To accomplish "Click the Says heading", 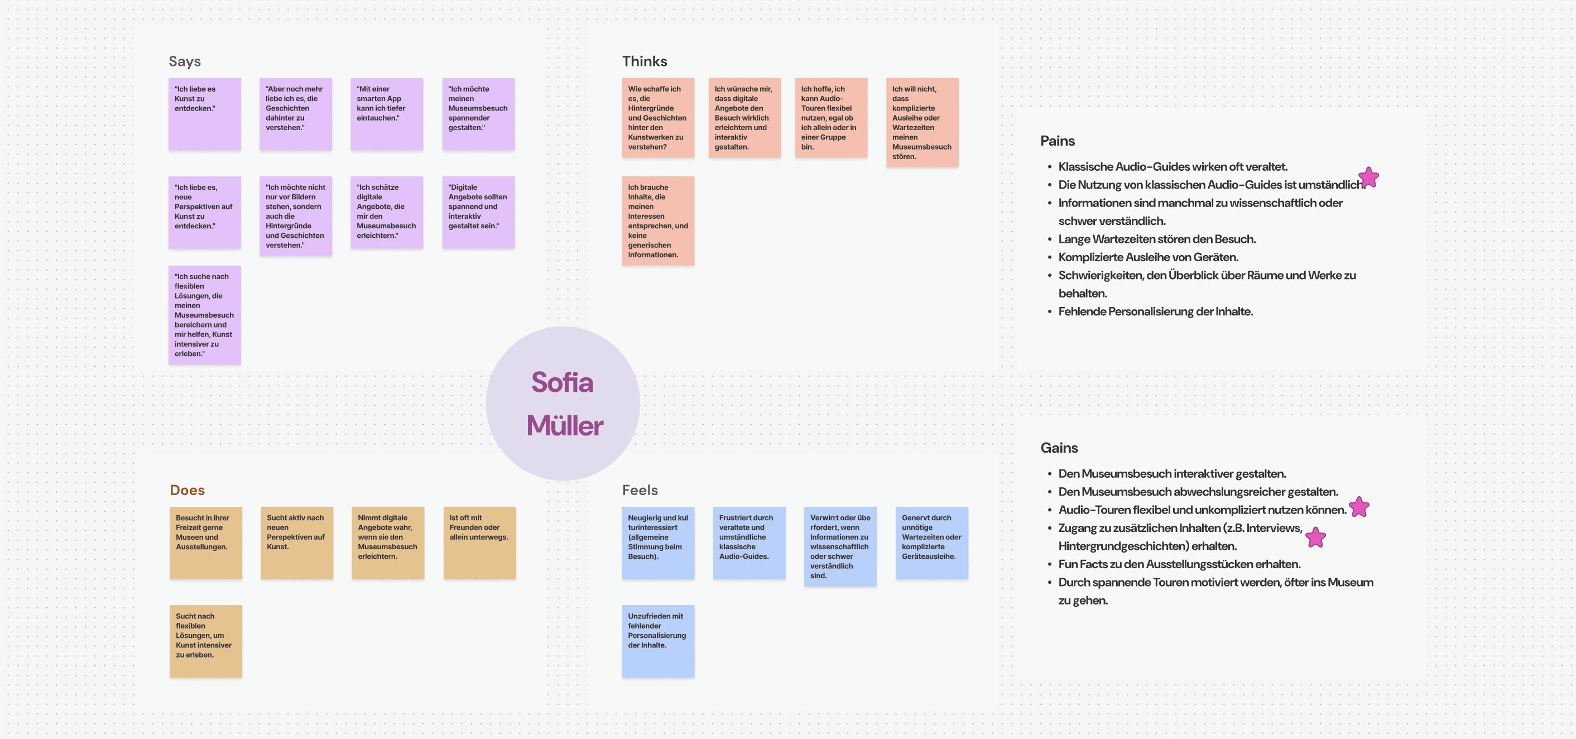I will click(184, 61).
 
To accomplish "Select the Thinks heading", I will click(644, 61).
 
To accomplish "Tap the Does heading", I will click(187, 490).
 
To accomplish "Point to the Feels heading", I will click(640, 490).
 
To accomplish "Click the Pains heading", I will click(1057, 141).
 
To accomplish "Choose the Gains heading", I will click(1059, 448).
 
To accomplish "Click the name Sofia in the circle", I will click(562, 382).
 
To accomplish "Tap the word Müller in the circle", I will click(565, 426).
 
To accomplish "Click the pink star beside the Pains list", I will click(1368, 178).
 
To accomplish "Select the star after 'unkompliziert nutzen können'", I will click(1359, 507).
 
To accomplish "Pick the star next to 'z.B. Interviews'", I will click(1315, 538).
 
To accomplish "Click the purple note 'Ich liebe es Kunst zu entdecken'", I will click(204, 114).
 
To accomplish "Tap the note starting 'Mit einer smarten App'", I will click(387, 114).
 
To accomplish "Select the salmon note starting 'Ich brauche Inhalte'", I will click(657, 221).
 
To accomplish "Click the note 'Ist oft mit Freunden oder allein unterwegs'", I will click(479, 543).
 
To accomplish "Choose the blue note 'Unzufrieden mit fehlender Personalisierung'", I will click(657, 641).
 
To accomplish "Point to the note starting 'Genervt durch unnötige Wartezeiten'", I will click(931, 543).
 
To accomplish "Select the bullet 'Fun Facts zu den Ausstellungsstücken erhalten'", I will click(1179, 564).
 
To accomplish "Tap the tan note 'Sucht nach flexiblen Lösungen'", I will click(205, 641).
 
